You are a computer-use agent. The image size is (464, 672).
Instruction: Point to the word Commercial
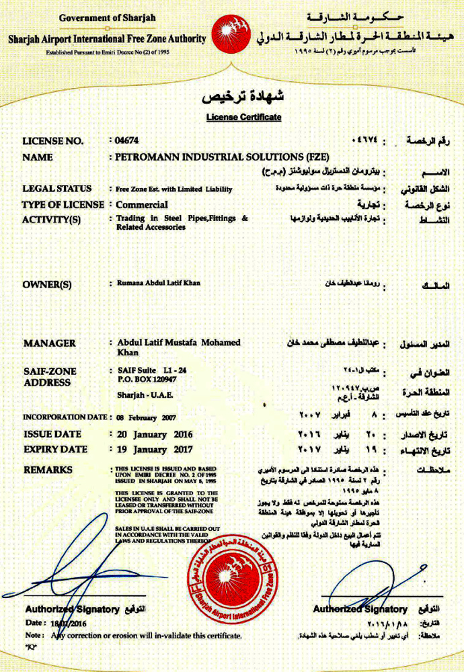pyautogui.click(x=142, y=204)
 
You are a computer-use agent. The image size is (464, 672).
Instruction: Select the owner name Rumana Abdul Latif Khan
pyautogui.click(x=158, y=283)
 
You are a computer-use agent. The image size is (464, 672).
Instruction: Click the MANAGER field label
pyautogui.click(x=50, y=343)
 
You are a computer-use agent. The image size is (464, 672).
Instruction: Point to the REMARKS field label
pyautogui.click(x=48, y=470)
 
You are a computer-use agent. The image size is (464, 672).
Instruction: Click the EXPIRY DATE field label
pyautogui.click(x=55, y=449)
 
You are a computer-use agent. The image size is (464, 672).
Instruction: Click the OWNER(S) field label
pyautogui.click(x=47, y=284)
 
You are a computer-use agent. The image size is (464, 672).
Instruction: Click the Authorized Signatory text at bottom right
pyautogui.click(x=360, y=609)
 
